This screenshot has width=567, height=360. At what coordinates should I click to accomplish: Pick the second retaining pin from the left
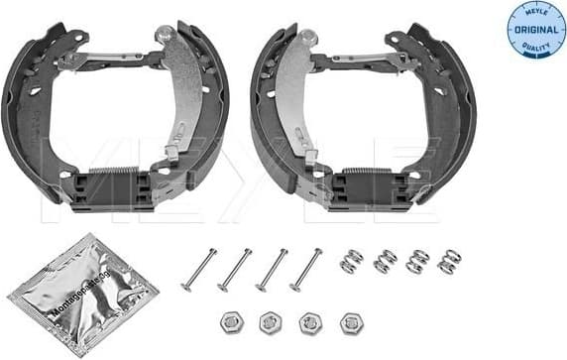tap(234, 270)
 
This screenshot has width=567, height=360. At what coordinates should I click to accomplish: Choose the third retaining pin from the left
tap(271, 269)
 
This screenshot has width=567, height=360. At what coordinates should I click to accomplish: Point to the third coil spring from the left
tap(417, 261)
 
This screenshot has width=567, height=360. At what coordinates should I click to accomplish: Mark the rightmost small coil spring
tap(449, 260)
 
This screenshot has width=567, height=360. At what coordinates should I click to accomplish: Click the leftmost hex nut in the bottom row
tap(227, 322)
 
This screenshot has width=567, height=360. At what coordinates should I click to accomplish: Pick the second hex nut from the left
tap(268, 322)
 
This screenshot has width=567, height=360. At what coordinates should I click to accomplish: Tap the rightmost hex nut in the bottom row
tap(349, 322)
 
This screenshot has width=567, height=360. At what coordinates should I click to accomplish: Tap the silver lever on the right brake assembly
tap(287, 99)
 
